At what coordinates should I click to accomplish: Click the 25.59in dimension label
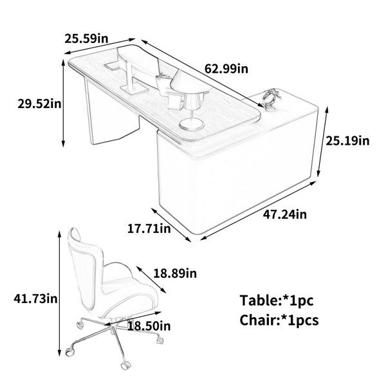coord(86,39)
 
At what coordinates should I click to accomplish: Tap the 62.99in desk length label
coord(226,68)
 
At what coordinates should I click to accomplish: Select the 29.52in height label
coord(39,104)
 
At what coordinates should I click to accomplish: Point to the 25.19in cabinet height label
coord(347,141)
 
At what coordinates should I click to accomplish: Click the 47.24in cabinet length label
coord(285,214)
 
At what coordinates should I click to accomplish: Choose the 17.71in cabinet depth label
coord(149,228)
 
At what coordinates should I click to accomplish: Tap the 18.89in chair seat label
coord(175,273)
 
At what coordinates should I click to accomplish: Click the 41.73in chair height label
coord(35,299)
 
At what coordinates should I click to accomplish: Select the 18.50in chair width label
coord(149,326)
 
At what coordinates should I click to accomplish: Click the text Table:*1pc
coord(277,300)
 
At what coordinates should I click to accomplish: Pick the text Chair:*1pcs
coord(279,320)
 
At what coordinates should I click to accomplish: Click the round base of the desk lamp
coord(192,124)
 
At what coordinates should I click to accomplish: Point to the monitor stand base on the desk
coord(134,89)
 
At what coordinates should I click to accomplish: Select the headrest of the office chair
coord(75,235)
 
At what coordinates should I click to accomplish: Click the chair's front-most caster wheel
coord(125,365)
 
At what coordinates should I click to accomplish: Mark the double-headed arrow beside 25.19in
coord(323,142)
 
